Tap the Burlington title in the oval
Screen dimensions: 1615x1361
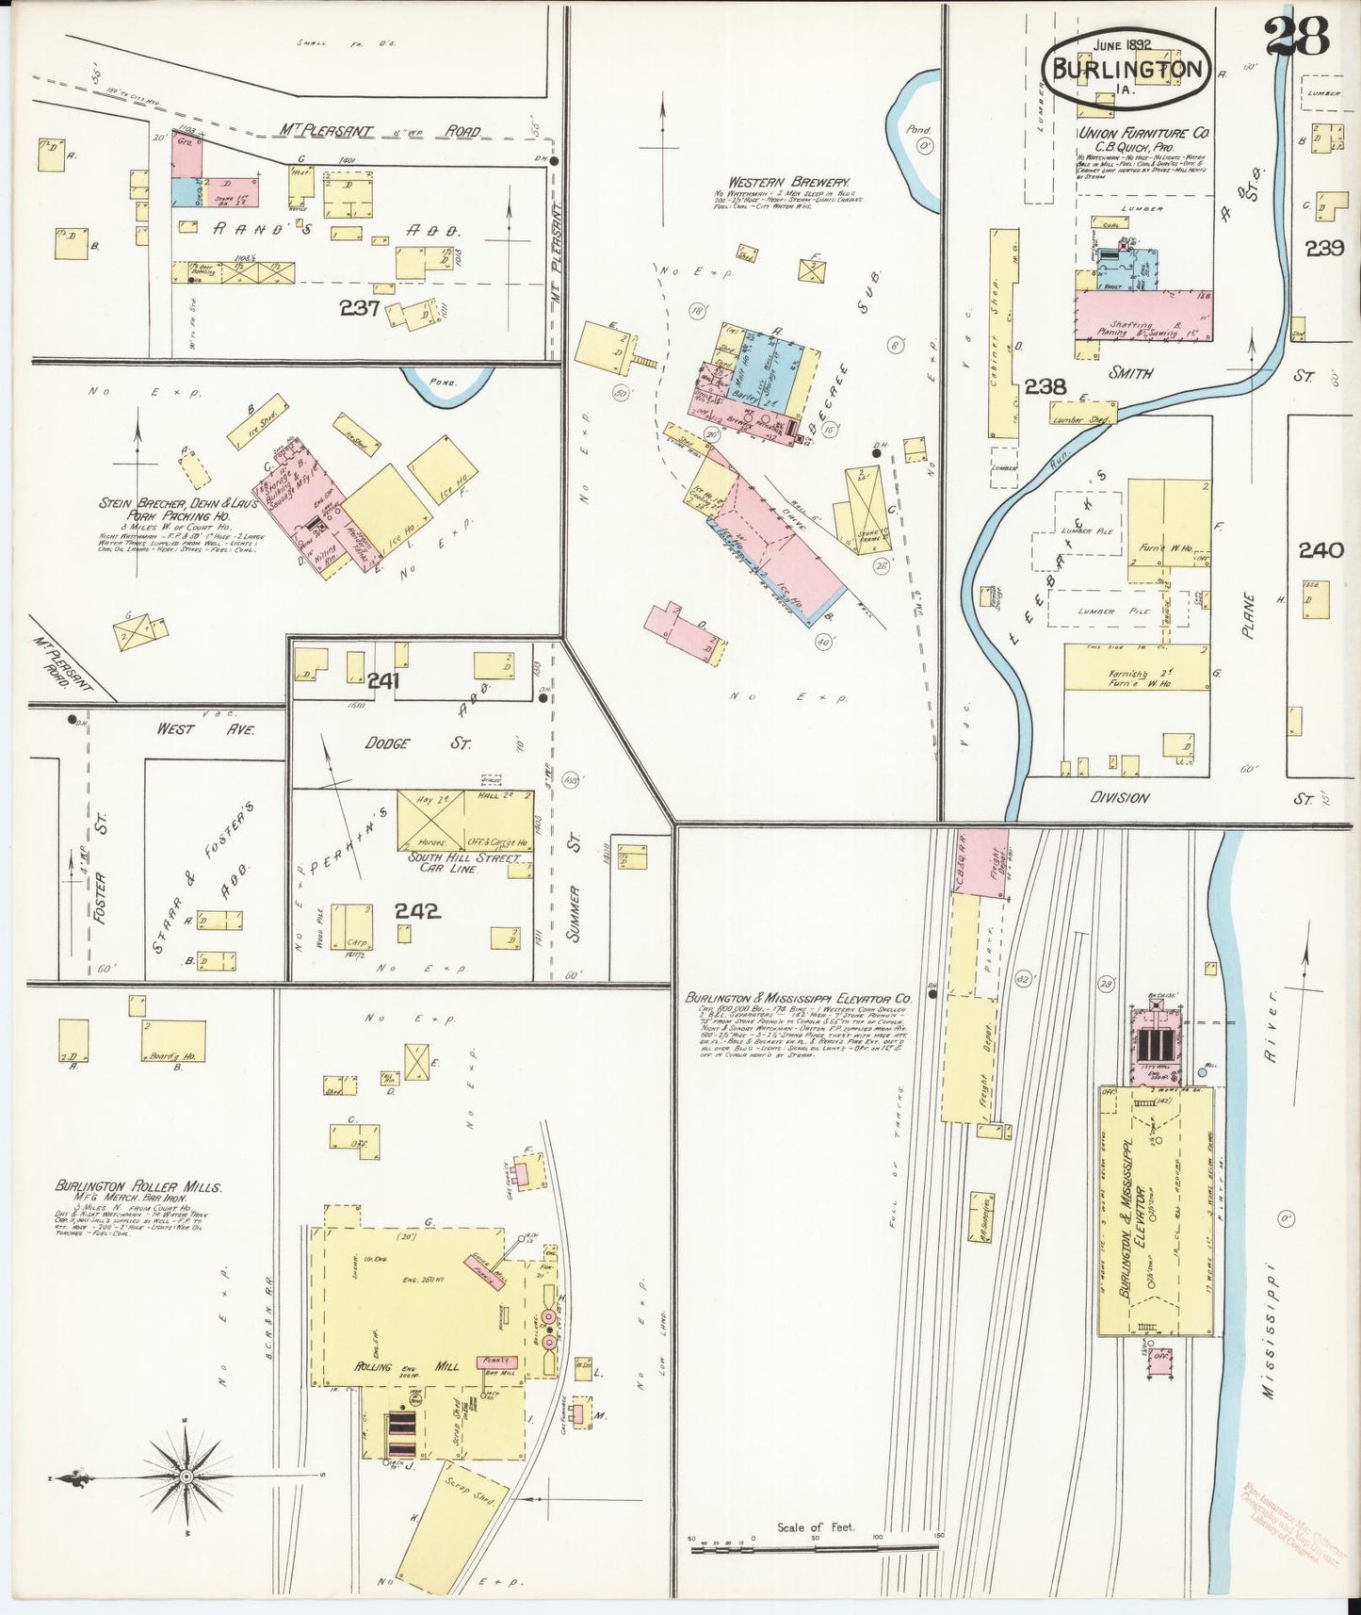click(x=1126, y=69)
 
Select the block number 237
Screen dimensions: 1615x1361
click(x=360, y=308)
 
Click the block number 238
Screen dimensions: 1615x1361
click(x=1045, y=385)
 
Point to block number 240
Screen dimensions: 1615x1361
click(x=1320, y=550)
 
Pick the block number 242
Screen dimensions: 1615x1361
click(x=417, y=911)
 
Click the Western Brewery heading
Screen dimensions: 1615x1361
click(x=788, y=182)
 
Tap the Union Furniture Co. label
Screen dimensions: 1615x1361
click(x=1143, y=134)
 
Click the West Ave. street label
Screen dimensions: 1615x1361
click(x=205, y=728)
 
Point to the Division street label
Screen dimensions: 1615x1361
click(x=1119, y=797)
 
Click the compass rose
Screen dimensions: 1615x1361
click(x=186, y=1476)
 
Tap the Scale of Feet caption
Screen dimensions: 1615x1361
click(x=815, y=1527)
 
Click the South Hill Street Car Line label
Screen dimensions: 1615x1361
click(x=463, y=864)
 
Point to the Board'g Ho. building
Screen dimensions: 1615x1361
click(x=173, y=1040)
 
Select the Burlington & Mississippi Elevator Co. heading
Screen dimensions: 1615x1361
click(x=799, y=996)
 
